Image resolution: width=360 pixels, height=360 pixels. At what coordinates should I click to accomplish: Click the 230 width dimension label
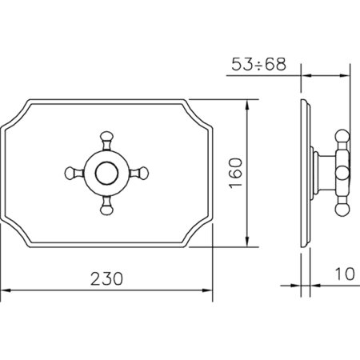click(x=106, y=278)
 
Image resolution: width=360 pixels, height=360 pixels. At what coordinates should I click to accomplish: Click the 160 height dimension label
click(x=236, y=173)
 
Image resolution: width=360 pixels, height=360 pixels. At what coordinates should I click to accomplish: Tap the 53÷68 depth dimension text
click(x=258, y=64)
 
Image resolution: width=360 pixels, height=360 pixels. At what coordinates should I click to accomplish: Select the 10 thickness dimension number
click(x=345, y=274)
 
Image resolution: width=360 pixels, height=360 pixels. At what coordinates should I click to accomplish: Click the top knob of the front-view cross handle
click(x=106, y=137)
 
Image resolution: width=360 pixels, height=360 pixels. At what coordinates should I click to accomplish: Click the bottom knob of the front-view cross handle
click(x=106, y=210)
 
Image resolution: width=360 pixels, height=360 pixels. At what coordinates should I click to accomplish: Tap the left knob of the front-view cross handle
click(x=70, y=173)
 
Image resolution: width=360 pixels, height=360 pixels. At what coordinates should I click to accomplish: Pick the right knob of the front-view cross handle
click(x=143, y=173)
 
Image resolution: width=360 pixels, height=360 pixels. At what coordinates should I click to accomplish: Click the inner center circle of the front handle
click(x=106, y=174)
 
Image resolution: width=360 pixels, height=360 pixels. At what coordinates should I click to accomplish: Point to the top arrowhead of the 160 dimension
click(x=247, y=105)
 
